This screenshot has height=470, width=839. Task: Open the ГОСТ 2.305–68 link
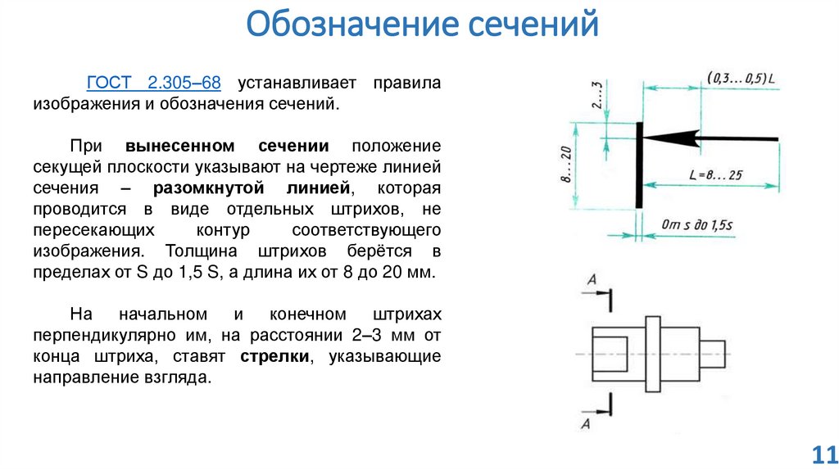[x=154, y=84]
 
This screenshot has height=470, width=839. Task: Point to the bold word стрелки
[x=274, y=357]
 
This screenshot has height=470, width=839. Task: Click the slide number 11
[x=822, y=454]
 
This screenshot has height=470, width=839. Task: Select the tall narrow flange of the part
[x=653, y=353]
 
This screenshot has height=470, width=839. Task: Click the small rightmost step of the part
[x=714, y=353]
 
